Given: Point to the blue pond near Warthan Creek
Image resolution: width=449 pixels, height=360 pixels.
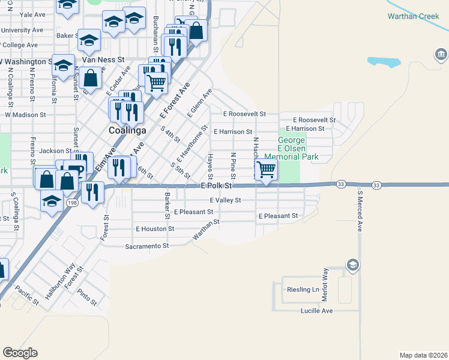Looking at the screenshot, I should [x=384, y=61].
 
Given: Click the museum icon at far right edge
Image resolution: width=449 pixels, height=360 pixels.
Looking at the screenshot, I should [x=441, y=56].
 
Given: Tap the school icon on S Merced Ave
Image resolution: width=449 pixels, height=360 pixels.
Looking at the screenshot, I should [x=353, y=265].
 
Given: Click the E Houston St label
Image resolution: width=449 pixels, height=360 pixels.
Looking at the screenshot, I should [x=155, y=229].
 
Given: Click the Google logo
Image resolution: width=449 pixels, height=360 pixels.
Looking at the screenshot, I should [x=20, y=352].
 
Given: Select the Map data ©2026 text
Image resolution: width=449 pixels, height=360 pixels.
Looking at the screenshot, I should [x=423, y=355].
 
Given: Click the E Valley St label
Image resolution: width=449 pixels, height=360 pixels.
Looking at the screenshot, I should [x=225, y=200].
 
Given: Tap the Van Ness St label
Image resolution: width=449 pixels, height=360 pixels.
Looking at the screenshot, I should [x=103, y=60].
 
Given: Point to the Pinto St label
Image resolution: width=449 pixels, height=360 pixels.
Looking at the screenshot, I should [x=88, y=297].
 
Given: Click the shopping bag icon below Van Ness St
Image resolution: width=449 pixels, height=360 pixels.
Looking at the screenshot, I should [x=90, y=77].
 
